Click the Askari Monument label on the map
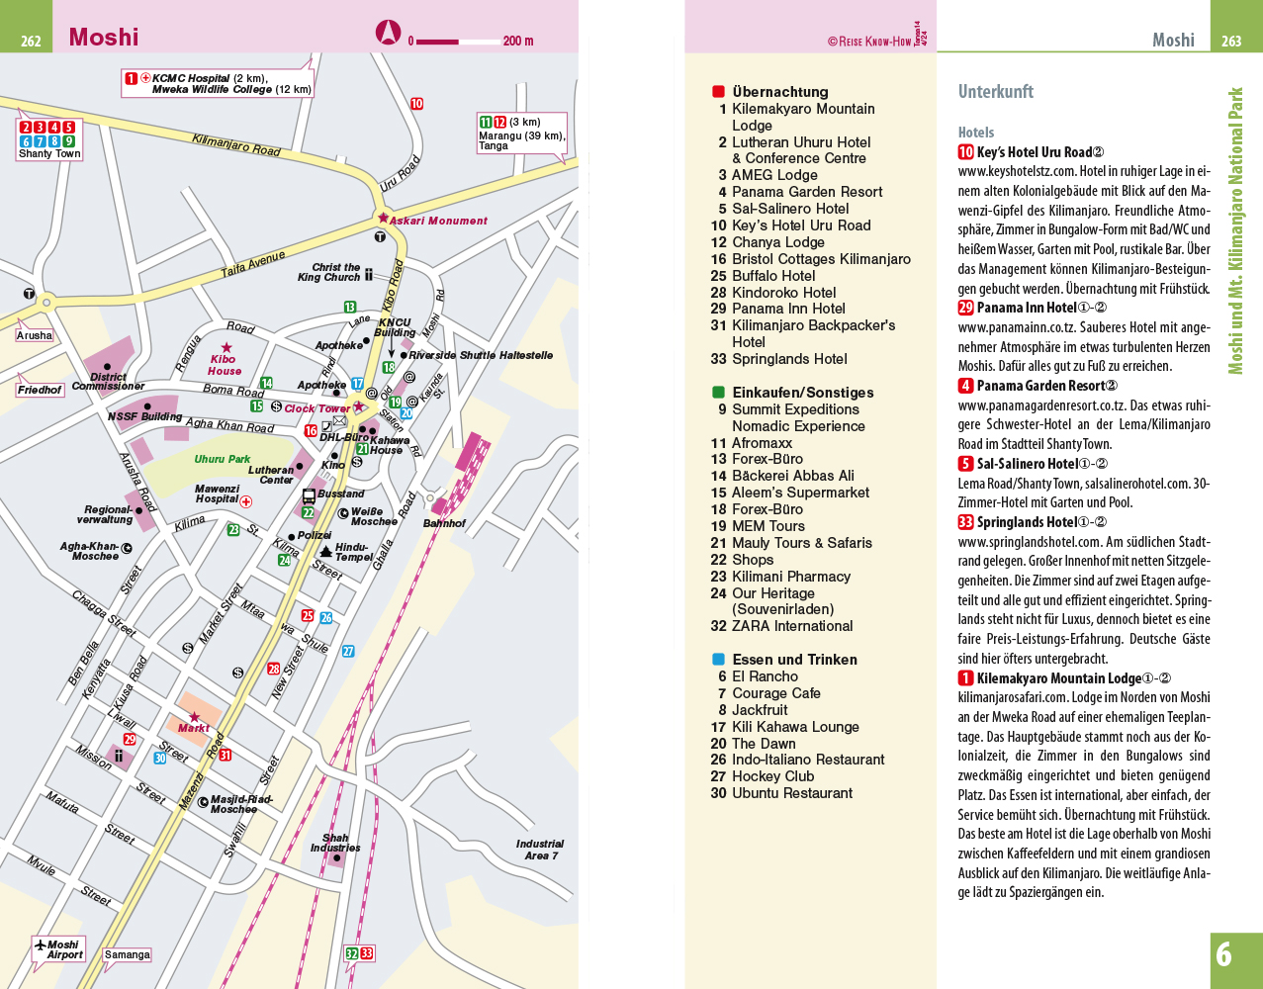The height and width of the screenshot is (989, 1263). [x=438, y=221]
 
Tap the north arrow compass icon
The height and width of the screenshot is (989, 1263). [x=388, y=33]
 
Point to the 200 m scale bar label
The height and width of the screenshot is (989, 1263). [x=517, y=41]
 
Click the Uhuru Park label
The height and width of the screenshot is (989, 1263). [x=223, y=459]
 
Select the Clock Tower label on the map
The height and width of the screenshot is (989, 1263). [x=316, y=408]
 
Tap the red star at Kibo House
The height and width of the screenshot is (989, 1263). [x=227, y=347]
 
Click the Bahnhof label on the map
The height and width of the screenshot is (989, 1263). [x=444, y=523]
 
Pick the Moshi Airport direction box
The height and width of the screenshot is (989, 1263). [x=59, y=949]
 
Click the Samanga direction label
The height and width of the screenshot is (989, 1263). [x=128, y=954]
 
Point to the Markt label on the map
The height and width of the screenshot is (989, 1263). [x=194, y=728]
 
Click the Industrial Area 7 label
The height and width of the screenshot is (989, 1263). [x=540, y=850]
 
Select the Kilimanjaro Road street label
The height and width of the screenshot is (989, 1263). [x=236, y=145]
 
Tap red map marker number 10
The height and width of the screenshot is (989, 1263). [x=416, y=103]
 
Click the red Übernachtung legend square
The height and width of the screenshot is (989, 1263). [x=719, y=92]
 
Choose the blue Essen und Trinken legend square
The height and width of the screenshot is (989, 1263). [x=719, y=660]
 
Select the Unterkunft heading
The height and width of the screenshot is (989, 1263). [x=995, y=92]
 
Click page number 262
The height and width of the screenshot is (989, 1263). [x=31, y=41]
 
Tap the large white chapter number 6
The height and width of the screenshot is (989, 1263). [x=1223, y=954]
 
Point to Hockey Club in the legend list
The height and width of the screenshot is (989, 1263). [x=772, y=776]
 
